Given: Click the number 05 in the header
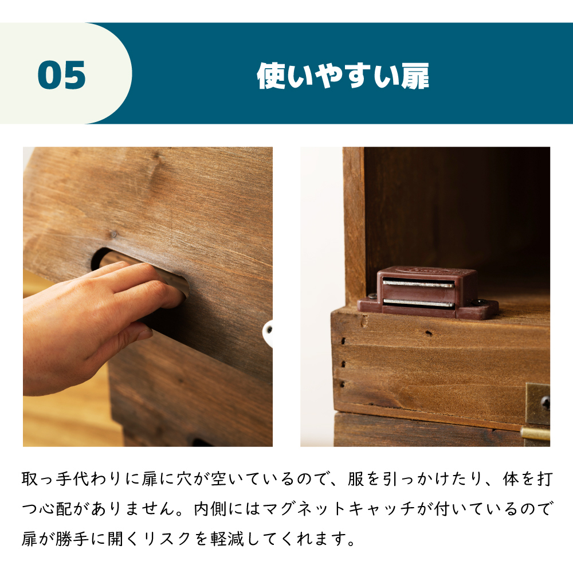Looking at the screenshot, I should click(x=62, y=75).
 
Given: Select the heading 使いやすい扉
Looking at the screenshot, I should click(x=343, y=76).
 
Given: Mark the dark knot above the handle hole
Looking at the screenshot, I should click(x=113, y=234).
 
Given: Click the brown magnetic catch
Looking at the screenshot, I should click(x=427, y=292).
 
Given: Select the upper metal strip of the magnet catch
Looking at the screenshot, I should click(x=418, y=284).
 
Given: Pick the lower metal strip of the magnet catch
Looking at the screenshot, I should click(x=418, y=303).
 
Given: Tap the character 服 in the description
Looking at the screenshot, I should click(x=356, y=478).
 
